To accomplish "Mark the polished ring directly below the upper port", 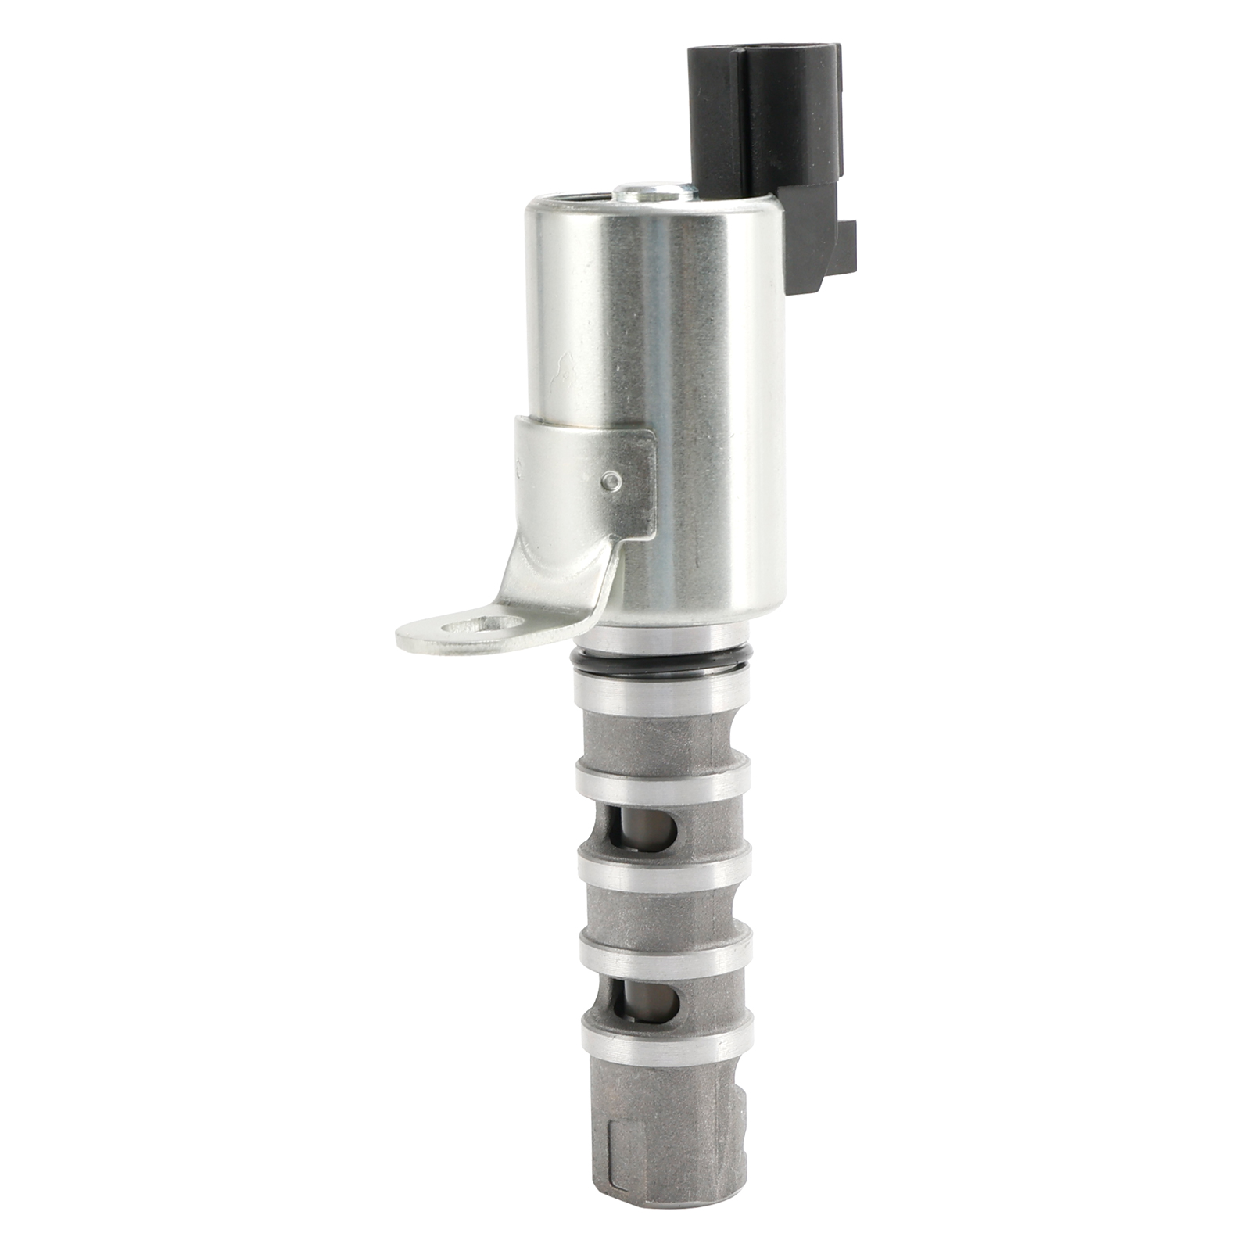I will [x=663, y=864].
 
